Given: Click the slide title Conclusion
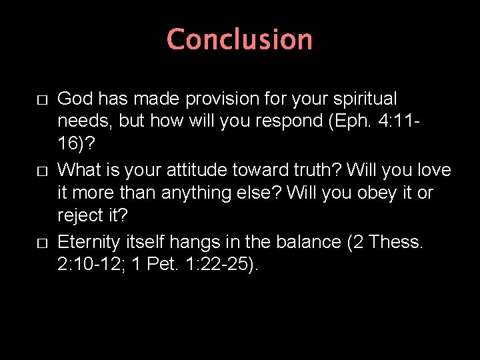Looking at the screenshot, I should [x=239, y=39].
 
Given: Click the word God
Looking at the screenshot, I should [x=74, y=99].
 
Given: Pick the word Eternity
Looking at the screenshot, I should [x=87, y=241].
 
